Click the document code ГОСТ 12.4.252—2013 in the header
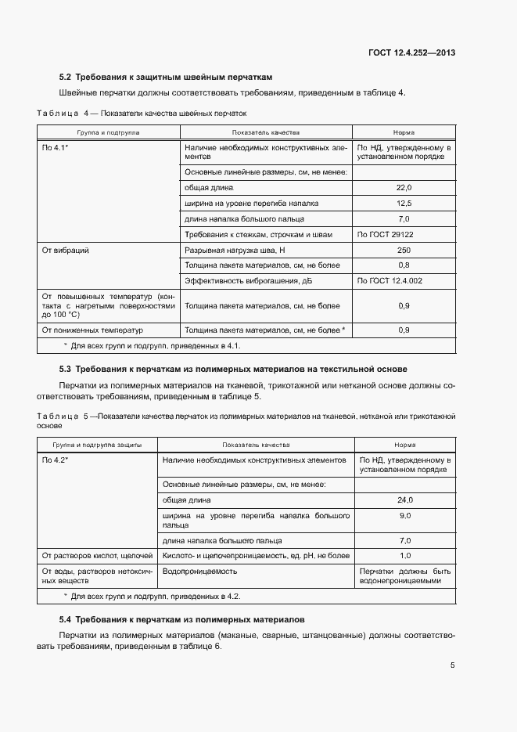pyautogui.click(x=411, y=53)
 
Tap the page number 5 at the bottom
pyautogui.click(x=453, y=665)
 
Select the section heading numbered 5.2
pyautogui.click(x=166, y=78)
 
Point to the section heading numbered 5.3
pyautogui.click(x=233, y=368)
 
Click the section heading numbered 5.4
pyautogui.click(x=181, y=618)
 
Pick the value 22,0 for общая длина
pyautogui.click(x=404, y=188)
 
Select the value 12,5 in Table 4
pyautogui.click(x=404, y=204)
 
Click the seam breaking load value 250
pyautogui.click(x=404, y=251)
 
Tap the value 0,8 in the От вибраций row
pyautogui.click(x=404, y=265)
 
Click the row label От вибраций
pyautogui.click(x=65, y=251)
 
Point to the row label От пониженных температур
pyautogui.click(x=88, y=330)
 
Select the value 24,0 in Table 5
pyautogui.click(x=405, y=499)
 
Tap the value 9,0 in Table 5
pyautogui.click(x=405, y=516)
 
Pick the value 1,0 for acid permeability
pyautogui.click(x=405, y=555)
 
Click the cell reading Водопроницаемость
pyautogui.click(x=199, y=571)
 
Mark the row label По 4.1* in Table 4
pyautogui.click(x=56, y=147)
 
